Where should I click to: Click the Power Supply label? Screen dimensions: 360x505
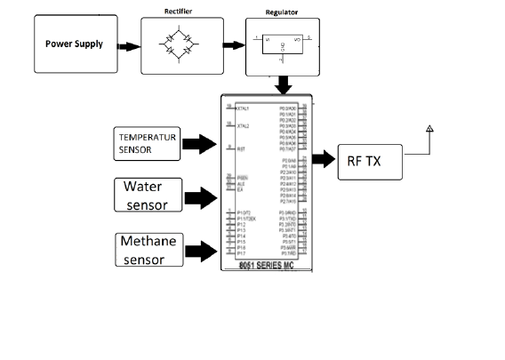[x=75, y=44]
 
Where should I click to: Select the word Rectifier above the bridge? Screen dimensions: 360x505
[x=179, y=11]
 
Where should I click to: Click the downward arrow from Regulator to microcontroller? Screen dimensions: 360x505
[x=283, y=85]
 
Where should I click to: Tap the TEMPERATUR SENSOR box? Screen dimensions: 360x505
[x=146, y=144]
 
